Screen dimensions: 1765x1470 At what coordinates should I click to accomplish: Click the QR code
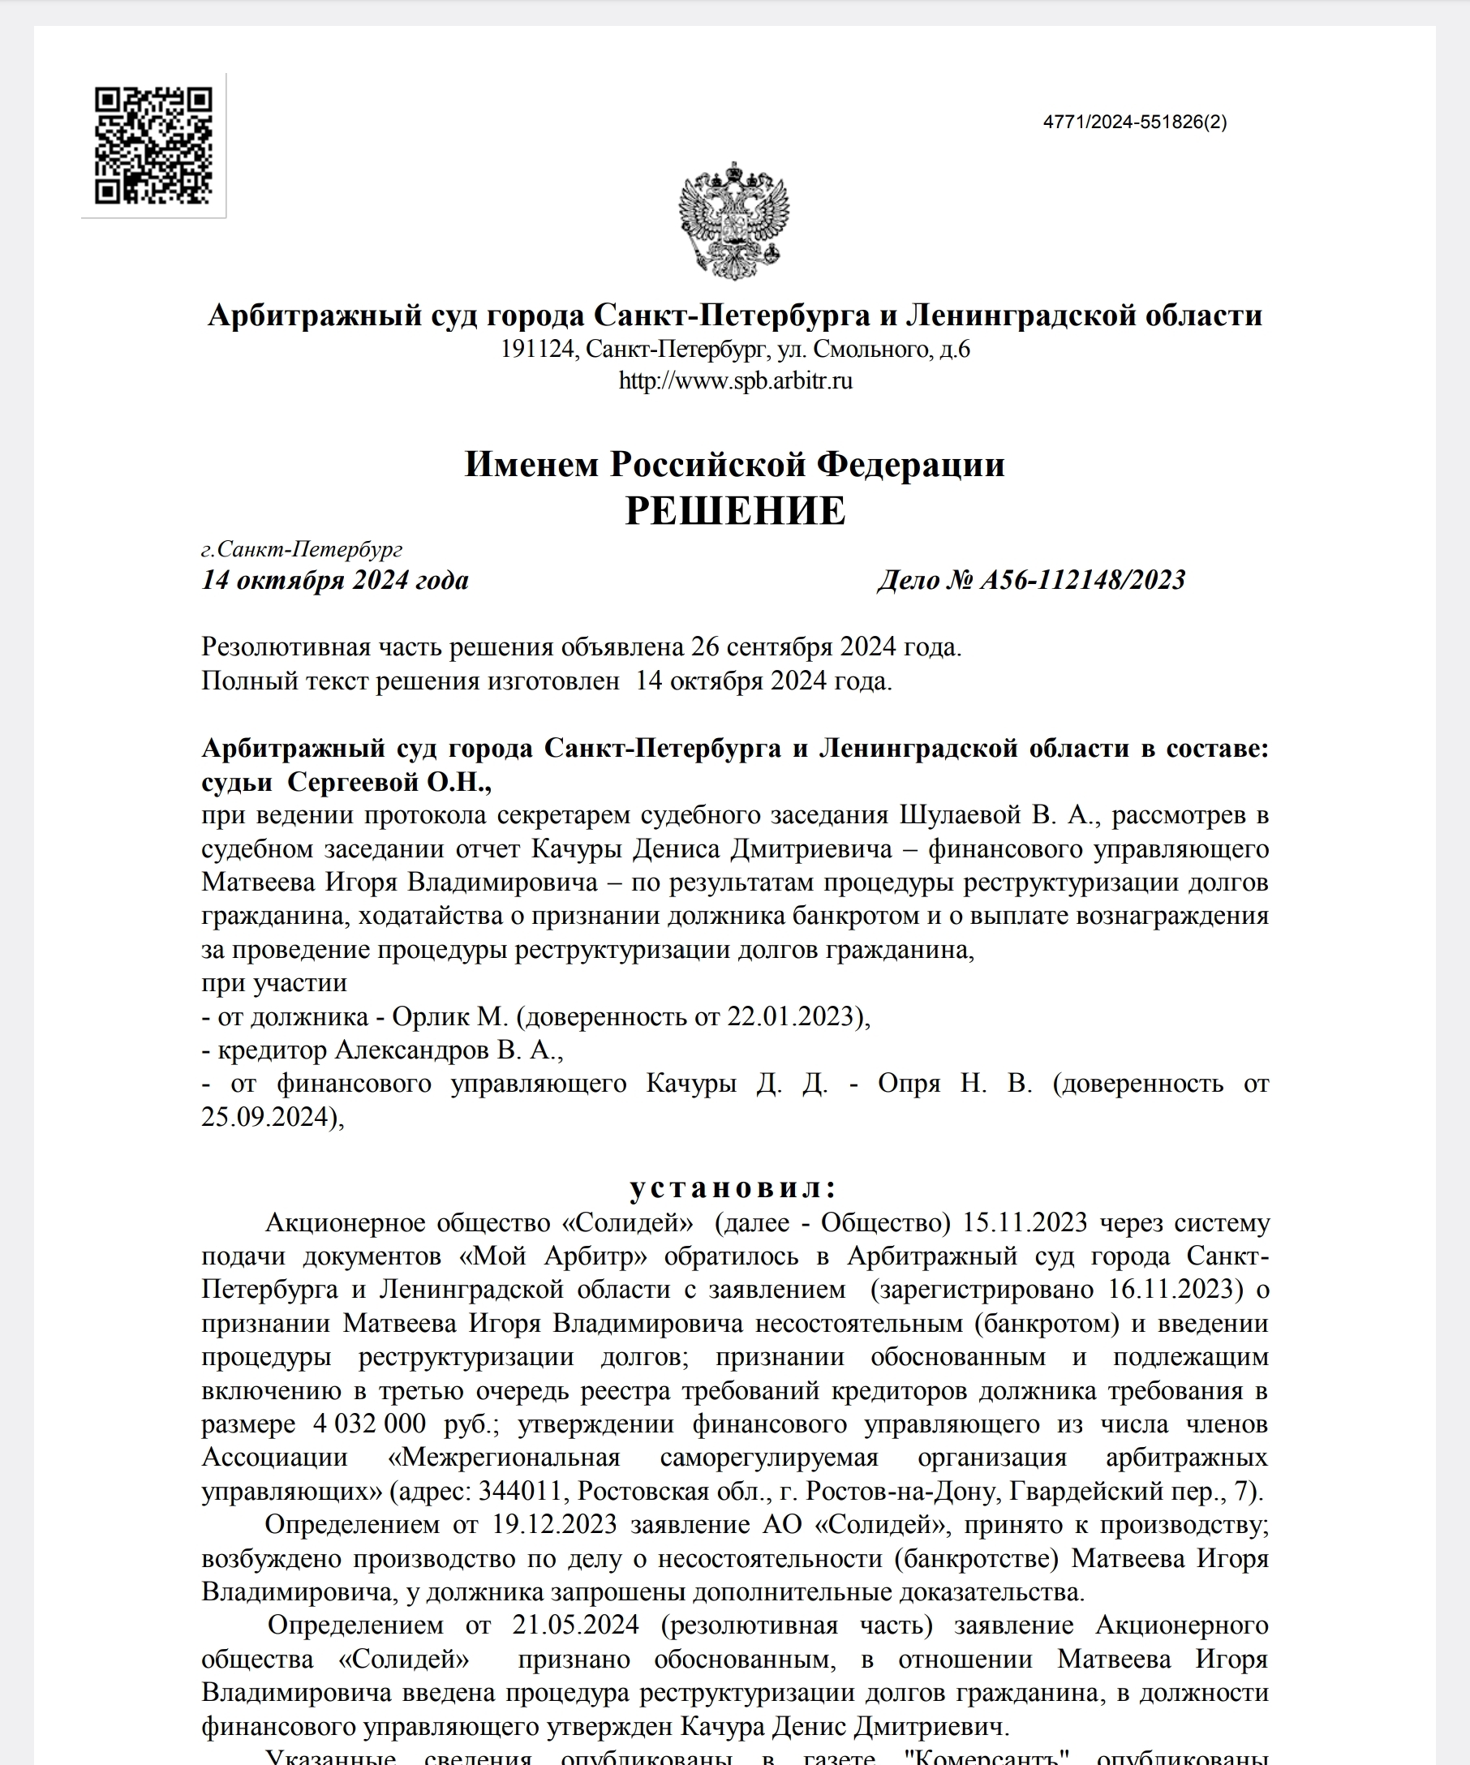(x=153, y=145)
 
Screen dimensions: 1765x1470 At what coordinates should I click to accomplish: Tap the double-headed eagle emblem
(x=733, y=220)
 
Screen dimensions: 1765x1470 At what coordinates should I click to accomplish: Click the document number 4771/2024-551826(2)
(x=1135, y=122)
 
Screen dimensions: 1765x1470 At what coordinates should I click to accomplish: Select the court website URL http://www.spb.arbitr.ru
(x=736, y=380)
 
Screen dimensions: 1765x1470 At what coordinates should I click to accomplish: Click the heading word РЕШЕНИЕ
(x=736, y=511)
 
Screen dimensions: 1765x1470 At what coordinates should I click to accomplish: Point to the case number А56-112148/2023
(x=1082, y=580)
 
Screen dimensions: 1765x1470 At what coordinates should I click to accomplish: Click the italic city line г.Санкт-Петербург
(x=302, y=549)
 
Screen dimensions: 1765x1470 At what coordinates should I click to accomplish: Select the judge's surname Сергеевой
(x=353, y=782)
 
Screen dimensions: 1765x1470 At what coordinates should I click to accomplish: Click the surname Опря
(x=909, y=1084)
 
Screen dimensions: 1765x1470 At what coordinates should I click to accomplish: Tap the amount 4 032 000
(x=369, y=1424)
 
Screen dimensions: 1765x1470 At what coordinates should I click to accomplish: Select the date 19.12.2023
(x=555, y=1525)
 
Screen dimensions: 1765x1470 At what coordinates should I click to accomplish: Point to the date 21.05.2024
(x=575, y=1625)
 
